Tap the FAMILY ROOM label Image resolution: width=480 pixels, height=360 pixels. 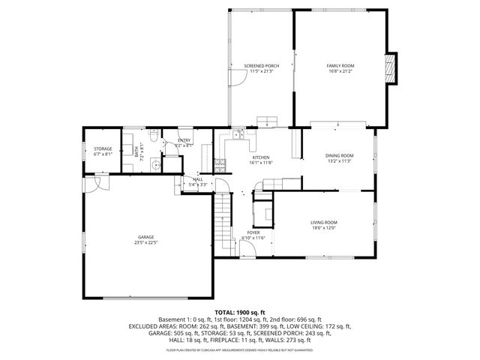[340, 66]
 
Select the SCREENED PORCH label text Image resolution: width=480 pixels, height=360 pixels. [262, 66]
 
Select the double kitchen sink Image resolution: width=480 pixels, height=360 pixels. [237, 135]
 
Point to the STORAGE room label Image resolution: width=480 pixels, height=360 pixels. [103, 148]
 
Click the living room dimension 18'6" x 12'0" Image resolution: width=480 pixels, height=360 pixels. [324, 227]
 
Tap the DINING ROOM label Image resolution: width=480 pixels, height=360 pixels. [340, 155]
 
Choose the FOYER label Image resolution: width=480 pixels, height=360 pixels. [253, 232]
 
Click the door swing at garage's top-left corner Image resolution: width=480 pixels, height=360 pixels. [97, 184]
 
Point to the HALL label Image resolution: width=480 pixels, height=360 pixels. [198, 179]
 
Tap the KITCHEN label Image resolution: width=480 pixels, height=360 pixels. [261, 157]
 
